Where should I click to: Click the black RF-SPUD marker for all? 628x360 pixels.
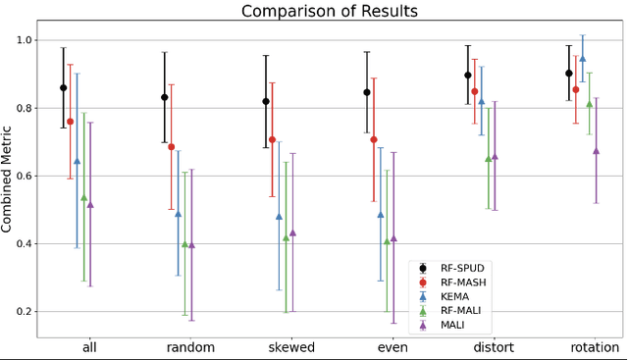(x=64, y=87)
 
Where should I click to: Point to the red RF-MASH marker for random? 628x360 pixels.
(x=171, y=146)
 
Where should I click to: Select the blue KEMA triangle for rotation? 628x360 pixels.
(x=583, y=58)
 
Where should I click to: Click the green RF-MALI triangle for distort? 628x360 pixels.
(x=488, y=158)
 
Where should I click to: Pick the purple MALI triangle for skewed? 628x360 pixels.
(x=292, y=232)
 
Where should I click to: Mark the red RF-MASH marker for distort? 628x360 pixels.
(x=474, y=91)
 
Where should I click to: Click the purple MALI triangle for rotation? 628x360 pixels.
(x=596, y=150)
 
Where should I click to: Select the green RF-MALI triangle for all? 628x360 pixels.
(x=83, y=196)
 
